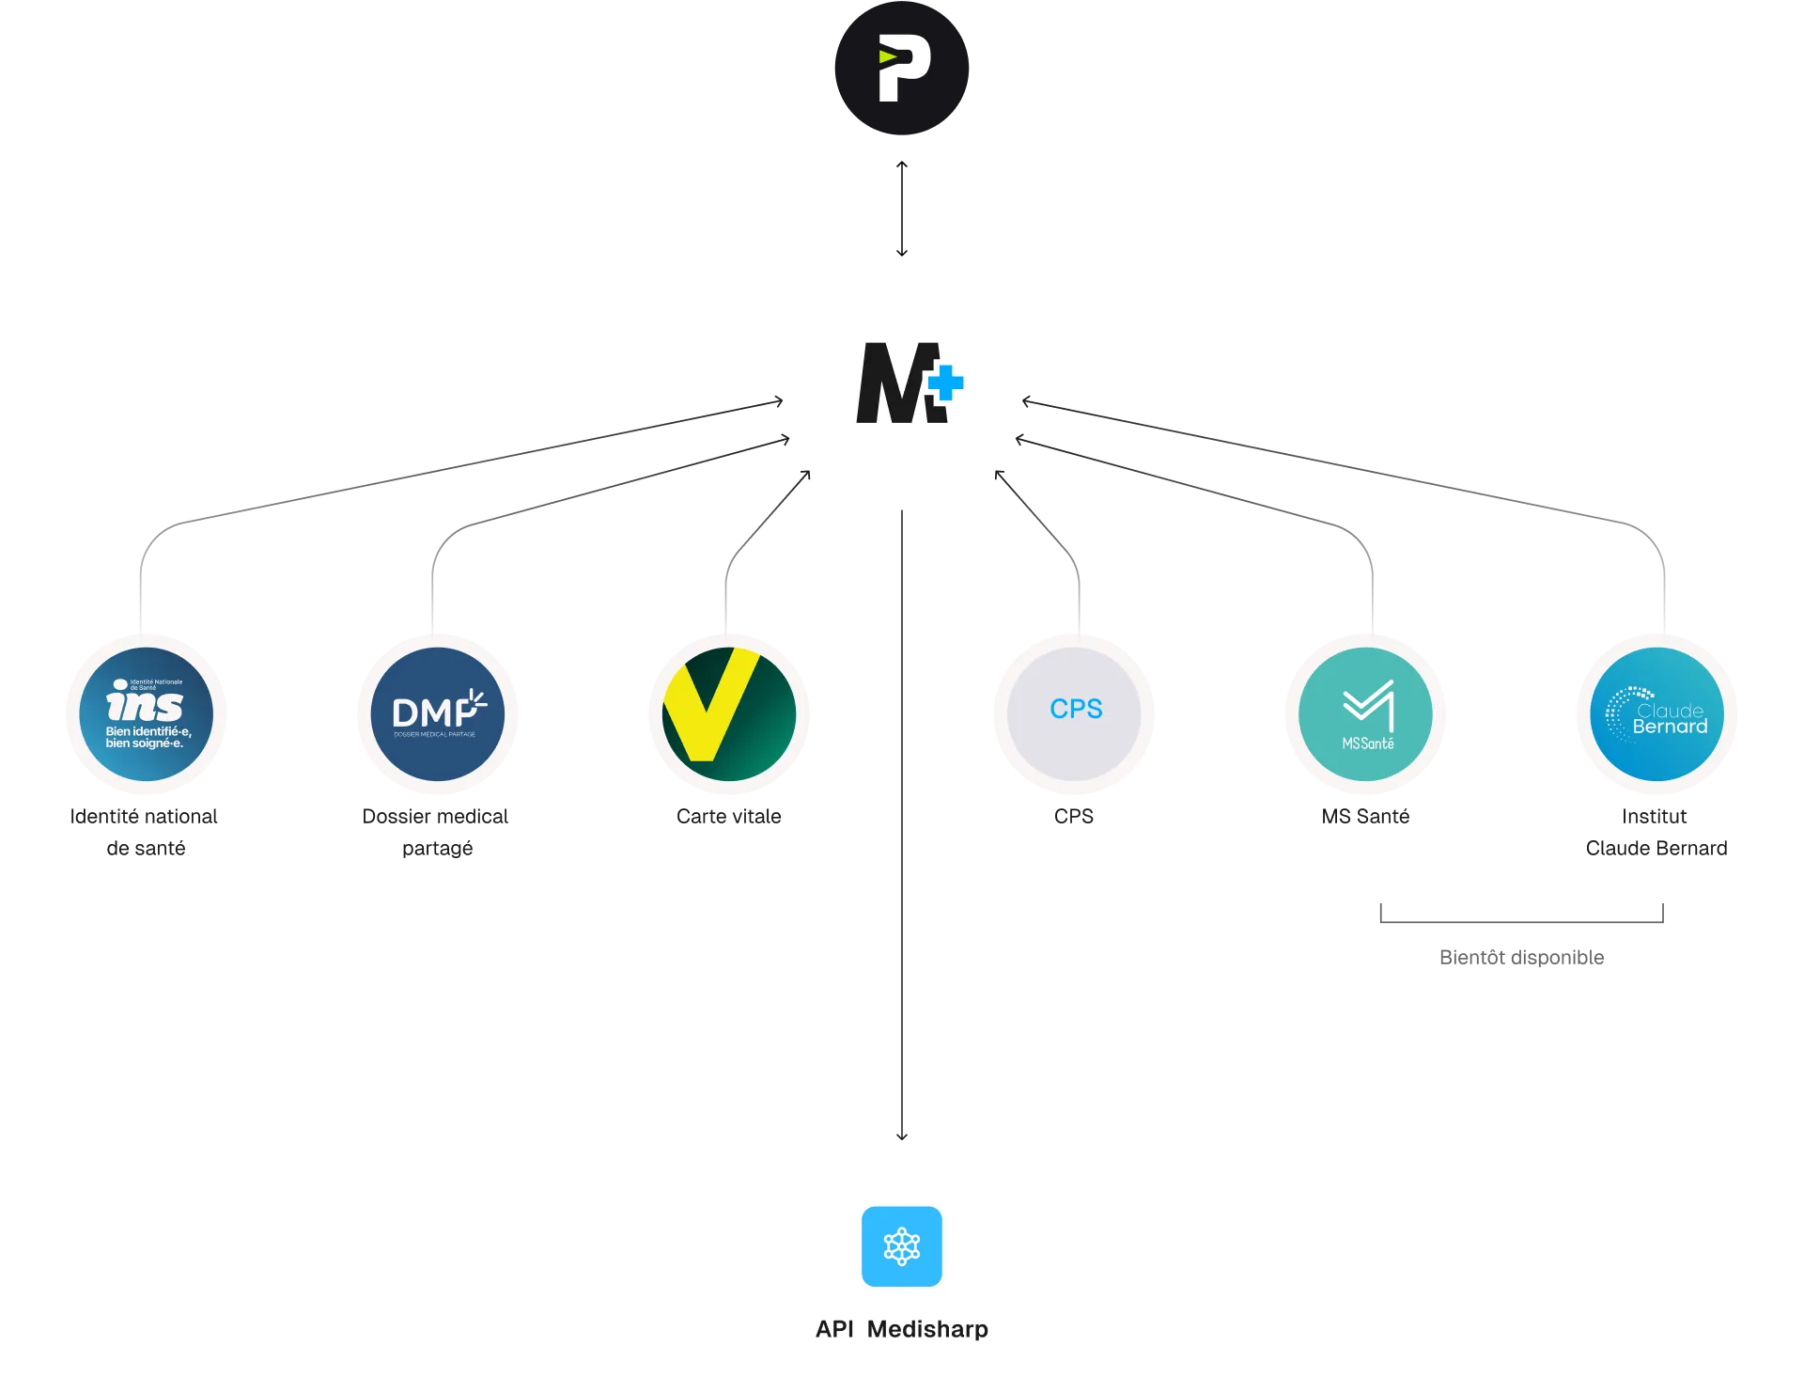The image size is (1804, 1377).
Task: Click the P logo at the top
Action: click(x=902, y=68)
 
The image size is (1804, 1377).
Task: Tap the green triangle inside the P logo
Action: click(x=888, y=57)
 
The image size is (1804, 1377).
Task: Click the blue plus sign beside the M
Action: click(x=946, y=383)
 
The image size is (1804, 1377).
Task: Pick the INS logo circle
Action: click(x=147, y=713)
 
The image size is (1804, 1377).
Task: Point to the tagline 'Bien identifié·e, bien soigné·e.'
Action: click(x=148, y=737)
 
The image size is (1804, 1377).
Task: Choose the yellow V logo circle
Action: click(x=729, y=713)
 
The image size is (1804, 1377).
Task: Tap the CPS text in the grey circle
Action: click(x=1076, y=709)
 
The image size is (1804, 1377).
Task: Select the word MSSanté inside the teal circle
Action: click(x=1368, y=743)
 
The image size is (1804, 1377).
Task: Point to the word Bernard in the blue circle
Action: click(x=1670, y=727)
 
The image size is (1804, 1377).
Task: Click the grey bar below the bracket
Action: click(x=1521, y=959)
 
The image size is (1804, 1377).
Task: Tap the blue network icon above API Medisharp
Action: click(x=902, y=1246)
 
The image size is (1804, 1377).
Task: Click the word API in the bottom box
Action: click(x=834, y=1329)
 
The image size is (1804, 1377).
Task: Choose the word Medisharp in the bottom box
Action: click(x=927, y=1329)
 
